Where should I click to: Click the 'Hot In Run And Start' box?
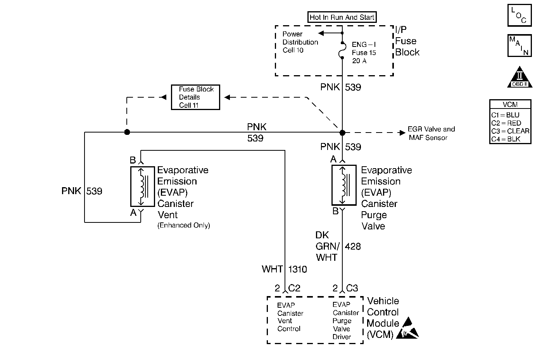342,17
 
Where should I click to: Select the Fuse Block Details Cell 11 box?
195,97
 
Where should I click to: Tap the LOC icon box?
519,15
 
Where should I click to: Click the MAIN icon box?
519,46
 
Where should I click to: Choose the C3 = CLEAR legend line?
510,131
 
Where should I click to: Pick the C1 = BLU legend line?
505,115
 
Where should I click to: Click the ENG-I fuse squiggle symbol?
342,50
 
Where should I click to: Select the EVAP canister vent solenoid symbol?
142,186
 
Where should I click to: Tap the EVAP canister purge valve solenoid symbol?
344,185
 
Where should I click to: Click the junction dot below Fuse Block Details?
127,132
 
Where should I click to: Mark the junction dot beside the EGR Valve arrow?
342,133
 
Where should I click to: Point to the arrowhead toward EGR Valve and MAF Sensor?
402,133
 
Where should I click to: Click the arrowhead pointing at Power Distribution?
321,33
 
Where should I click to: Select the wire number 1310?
297,269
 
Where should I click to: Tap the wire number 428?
353,246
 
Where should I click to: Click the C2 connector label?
294,288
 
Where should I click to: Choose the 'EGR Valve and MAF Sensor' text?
431,133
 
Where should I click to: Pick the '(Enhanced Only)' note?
184,225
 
